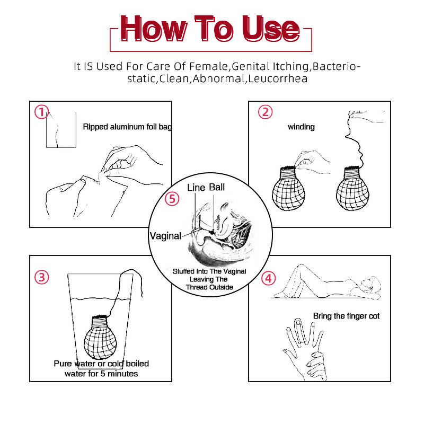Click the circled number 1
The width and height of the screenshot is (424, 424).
tap(41, 112)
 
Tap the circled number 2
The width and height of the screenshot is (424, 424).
tap(266, 112)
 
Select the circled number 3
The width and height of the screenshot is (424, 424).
tap(42, 277)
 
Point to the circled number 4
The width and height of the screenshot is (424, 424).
tap(269, 278)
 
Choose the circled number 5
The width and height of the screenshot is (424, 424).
tap(172, 199)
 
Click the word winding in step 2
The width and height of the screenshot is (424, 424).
tap(301, 127)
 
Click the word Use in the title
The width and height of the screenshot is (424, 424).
tap(271, 29)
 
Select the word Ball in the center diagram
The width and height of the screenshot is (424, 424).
tap(217, 187)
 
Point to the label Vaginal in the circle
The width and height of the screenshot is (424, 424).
tap(165, 236)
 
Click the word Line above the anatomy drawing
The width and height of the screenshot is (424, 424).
tap(196, 188)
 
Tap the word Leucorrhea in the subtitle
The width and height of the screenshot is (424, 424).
tap(278, 78)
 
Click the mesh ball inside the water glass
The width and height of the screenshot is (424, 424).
tap(100, 337)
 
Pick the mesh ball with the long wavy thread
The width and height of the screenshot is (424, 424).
tap(352, 189)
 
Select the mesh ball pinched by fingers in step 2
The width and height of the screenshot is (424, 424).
tap(288, 189)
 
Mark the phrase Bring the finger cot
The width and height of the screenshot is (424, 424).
tap(347, 316)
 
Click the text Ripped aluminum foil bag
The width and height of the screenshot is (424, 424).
tap(127, 127)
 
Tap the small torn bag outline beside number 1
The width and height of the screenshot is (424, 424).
tap(61, 130)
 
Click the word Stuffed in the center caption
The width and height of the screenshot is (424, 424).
tap(184, 271)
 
